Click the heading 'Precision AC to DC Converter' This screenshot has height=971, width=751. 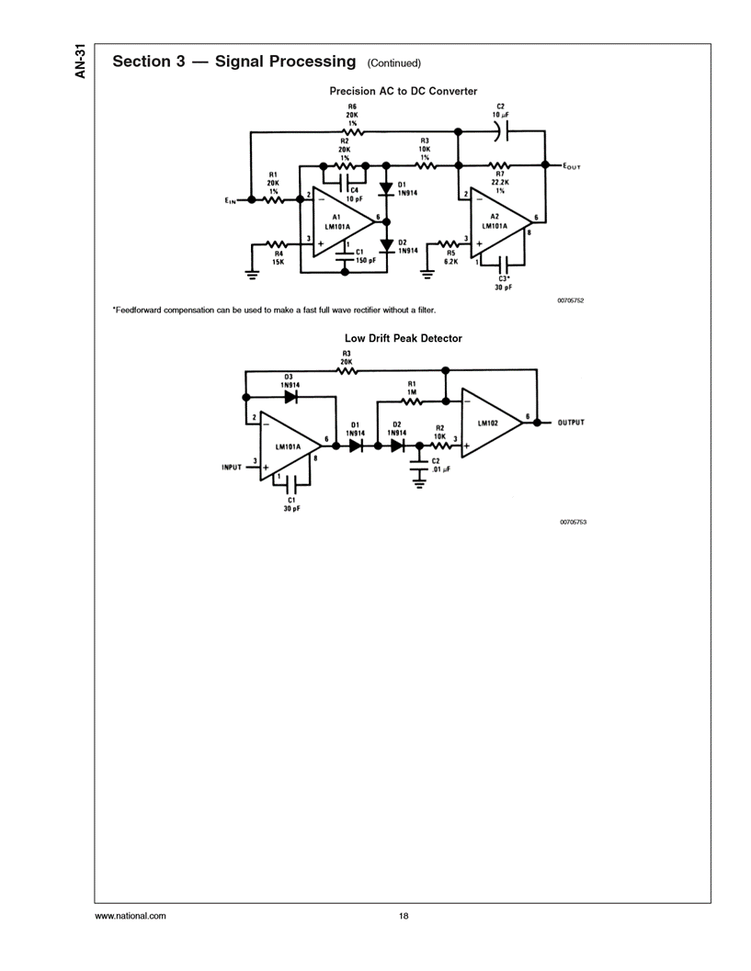click(404, 91)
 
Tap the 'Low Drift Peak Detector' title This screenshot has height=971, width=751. click(403, 338)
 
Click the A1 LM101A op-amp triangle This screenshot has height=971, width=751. click(341, 221)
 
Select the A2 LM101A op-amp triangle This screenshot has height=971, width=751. click(497, 221)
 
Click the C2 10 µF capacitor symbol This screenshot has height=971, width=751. click(499, 132)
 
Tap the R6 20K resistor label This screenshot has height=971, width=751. click(352, 115)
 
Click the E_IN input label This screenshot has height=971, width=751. click(231, 199)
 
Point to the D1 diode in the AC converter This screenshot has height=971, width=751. click(386, 187)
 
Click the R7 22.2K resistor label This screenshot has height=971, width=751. click(500, 182)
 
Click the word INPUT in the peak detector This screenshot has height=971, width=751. click(232, 467)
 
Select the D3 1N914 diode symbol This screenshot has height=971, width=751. click(290, 397)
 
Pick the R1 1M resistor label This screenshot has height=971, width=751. click(412, 388)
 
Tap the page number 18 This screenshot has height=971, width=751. click(403, 916)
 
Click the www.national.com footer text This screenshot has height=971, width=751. click(131, 916)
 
